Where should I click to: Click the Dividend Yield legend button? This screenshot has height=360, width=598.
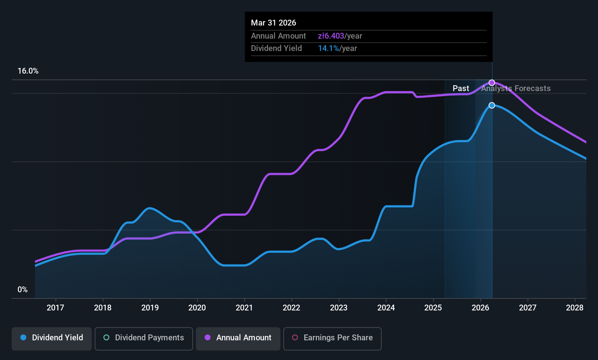pyautogui.click(x=52, y=338)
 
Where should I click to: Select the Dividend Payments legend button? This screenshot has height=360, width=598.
pyautogui.click(x=143, y=338)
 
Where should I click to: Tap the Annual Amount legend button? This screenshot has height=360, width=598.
pyautogui.click(x=238, y=338)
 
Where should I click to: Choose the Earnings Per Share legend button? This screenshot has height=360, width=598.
pyautogui.click(x=332, y=338)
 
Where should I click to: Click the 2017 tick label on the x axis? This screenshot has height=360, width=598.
pyautogui.click(x=55, y=308)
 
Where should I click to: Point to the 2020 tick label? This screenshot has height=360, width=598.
pyautogui.click(x=197, y=308)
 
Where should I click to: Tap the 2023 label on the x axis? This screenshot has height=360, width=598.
pyautogui.click(x=339, y=308)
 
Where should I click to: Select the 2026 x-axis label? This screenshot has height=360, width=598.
pyautogui.click(x=480, y=308)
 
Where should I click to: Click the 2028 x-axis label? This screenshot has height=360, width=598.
pyautogui.click(x=575, y=308)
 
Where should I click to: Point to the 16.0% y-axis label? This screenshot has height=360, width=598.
pyautogui.click(x=28, y=71)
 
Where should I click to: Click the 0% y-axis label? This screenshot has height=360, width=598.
pyautogui.click(x=23, y=290)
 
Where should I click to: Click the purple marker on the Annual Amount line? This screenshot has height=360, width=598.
pyautogui.click(x=492, y=83)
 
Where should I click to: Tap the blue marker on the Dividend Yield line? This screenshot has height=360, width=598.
pyautogui.click(x=492, y=105)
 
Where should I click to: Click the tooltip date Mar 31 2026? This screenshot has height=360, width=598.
pyautogui.click(x=274, y=23)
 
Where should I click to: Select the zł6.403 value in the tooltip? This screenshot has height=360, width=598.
pyautogui.click(x=331, y=36)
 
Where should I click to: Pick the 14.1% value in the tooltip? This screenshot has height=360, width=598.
pyautogui.click(x=328, y=48)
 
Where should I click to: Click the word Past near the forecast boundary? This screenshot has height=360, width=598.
pyautogui.click(x=461, y=89)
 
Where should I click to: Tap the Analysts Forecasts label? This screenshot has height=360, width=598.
pyautogui.click(x=516, y=89)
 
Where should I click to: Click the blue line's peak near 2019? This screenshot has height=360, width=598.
pyautogui.click(x=149, y=208)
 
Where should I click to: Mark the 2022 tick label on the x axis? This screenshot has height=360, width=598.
pyautogui.click(x=291, y=308)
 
